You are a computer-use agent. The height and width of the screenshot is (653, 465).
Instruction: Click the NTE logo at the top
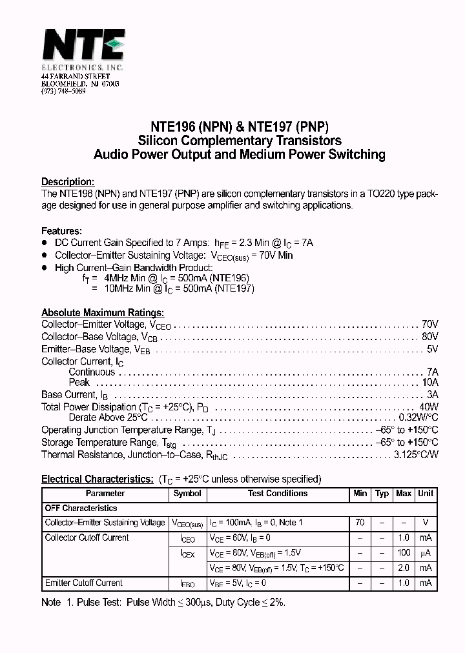click(x=83, y=46)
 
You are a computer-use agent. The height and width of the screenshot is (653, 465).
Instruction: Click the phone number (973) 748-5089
click(x=63, y=92)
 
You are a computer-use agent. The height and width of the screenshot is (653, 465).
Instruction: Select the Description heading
click(x=68, y=182)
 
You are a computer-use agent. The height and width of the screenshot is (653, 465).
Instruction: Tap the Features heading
click(x=61, y=231)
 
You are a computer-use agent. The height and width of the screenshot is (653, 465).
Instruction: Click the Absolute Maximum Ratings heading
click(x=103, y=313)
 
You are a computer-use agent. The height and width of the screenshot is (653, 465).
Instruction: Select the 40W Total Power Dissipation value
click(x=429, y=407)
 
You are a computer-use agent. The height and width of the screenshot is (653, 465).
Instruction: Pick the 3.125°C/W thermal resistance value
click(x=416, y=454)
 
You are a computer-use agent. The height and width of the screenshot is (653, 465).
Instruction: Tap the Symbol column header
click(x=187, y=494)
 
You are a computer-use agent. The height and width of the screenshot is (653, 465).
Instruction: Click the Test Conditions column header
click(x=278, y=494)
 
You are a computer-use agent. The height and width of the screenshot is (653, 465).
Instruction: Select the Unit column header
click(x=426, y=494)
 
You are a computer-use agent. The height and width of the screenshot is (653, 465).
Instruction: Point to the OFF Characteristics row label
click(x=81, y=508)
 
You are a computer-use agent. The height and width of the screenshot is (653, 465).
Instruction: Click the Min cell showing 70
click(x=360, y=523)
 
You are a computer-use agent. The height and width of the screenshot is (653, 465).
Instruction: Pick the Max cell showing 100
click(x=404, y=553)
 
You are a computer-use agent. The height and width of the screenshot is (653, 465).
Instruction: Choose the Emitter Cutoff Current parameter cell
click(x=83, y=583)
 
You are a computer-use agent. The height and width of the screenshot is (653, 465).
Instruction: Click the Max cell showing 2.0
click(x=404, y=568)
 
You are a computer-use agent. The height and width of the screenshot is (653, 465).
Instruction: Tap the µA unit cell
click(x=426, y=553)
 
